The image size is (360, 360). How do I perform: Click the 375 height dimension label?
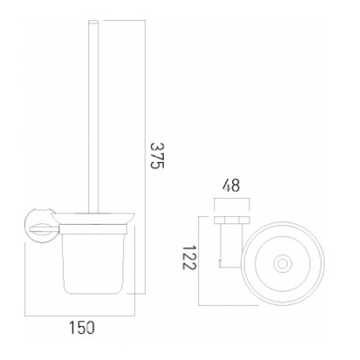(157, 156)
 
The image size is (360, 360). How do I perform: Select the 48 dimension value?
(231, 186)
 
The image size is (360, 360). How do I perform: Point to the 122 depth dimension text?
(189, 258)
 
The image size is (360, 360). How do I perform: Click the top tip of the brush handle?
(94, 21)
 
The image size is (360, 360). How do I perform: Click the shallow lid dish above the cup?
(94, 218)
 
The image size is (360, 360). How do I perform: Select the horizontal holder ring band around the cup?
(94, 229)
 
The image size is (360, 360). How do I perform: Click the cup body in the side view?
(94, 264)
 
